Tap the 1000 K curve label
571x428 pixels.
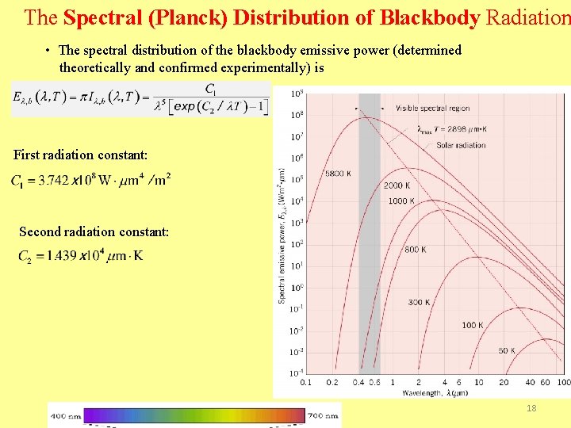pos(400,201)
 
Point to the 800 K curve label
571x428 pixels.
pos(416,250)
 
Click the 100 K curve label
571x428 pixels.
pos(473,325)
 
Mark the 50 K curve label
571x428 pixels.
pos(507,350)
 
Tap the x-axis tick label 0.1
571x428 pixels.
pos(306,383)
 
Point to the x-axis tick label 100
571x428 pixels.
pos(564,383)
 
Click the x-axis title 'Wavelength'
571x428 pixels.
pos(423,392)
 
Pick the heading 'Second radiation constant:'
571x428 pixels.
pos(94,231)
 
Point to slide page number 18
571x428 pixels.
pos(532,407)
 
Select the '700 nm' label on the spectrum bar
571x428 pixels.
pos(324,414)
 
